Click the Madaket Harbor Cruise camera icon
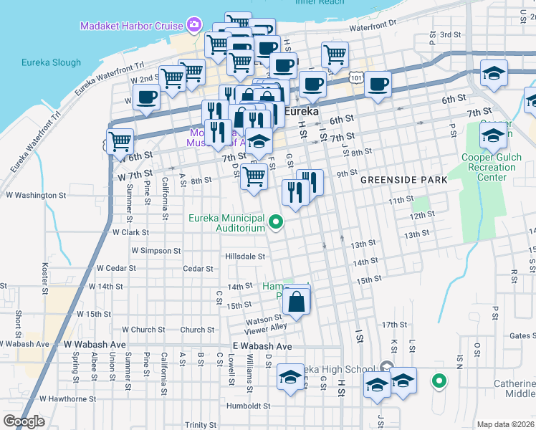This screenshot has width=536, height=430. tap(193, 27)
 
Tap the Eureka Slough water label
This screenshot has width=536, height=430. tap(51, 62)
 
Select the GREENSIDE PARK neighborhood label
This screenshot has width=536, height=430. tap(404, 180)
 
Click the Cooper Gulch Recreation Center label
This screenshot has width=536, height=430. tap(488, 167)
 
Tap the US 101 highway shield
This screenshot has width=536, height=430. tap(356, 75)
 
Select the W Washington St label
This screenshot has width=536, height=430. tap(36, 194)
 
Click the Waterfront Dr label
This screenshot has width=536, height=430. tap(373, 27)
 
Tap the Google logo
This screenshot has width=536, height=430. tap(24, 421)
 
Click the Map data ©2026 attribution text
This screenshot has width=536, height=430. tap(505, 424)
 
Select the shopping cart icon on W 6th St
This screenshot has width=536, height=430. tap(120, 142)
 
